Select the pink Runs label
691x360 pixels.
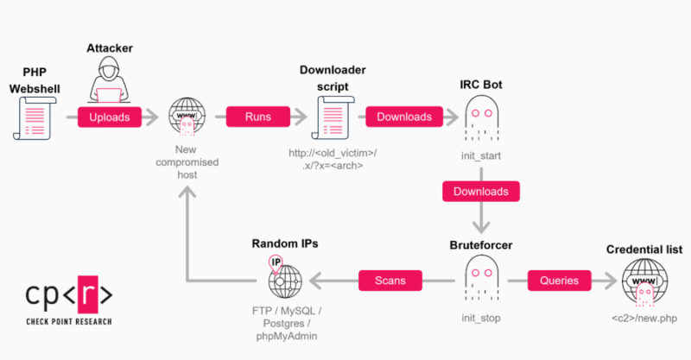[257, 117]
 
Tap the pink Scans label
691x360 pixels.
[389, 281]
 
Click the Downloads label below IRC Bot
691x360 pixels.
[481, 191]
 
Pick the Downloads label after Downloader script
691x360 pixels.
[404, 117]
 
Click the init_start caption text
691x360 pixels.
[481, 156]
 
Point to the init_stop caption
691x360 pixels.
[481, 319]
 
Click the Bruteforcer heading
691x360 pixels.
[481, 245]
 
